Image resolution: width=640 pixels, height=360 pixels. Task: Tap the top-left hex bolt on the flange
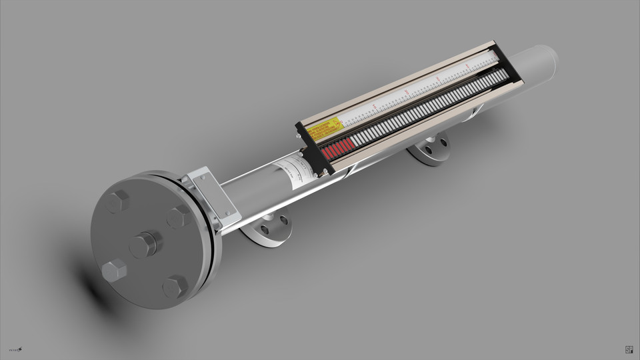[x=118, y=201]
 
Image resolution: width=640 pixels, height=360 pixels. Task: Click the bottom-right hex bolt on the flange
[x=175, y=287]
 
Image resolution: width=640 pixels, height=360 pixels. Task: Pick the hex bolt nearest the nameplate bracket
[x=178, y=217]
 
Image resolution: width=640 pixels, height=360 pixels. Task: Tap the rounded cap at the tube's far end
[x=543, y=63]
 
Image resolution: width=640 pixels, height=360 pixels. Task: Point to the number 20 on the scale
[x=407, y=92]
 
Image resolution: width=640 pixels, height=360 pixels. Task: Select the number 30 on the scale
[x=437, y=79]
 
